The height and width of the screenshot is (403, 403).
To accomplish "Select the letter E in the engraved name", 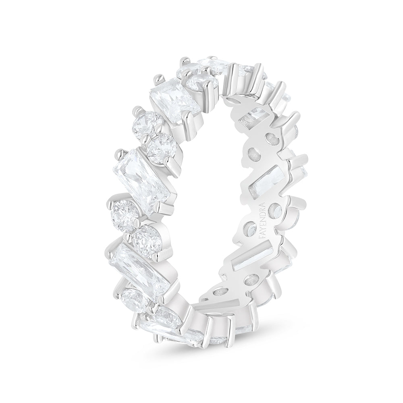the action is coord(262,223).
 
